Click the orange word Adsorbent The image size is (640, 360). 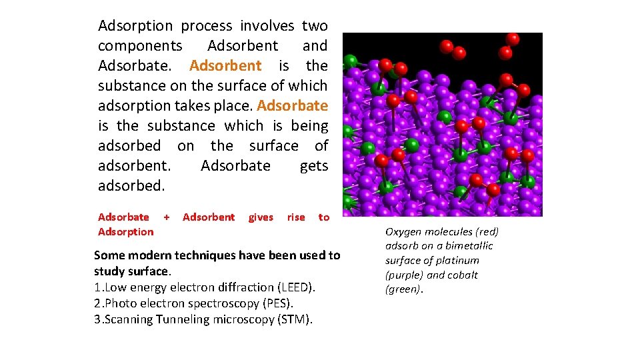click(225, 65)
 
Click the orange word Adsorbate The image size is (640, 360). click(292, 105)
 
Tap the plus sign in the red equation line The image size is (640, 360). click(167, 217)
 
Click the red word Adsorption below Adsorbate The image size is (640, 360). click(125, 231)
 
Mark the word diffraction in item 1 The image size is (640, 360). click(241, 287)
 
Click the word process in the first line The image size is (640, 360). click(207, 26)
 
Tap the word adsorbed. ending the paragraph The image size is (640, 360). click(131, 185)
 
